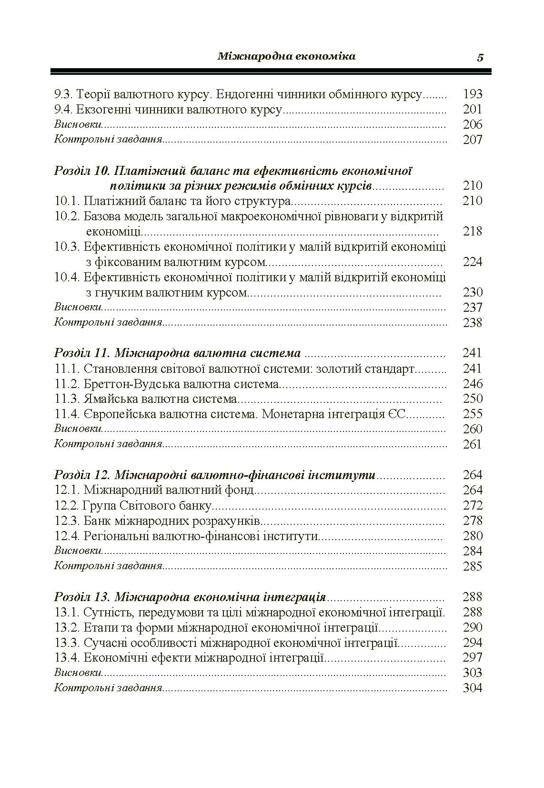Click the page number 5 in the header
tap(480, 58)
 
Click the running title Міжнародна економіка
tap(286, 56)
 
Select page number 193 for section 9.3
tap(473, 94)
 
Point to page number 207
tap(473, 140)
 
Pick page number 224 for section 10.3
tap(473, 262)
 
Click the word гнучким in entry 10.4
tap(120, 292)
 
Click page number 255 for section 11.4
tap(473, 414)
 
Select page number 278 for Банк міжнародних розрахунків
tap(473, 521)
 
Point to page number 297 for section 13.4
tap(473, 657)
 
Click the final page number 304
tap(473, 688)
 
